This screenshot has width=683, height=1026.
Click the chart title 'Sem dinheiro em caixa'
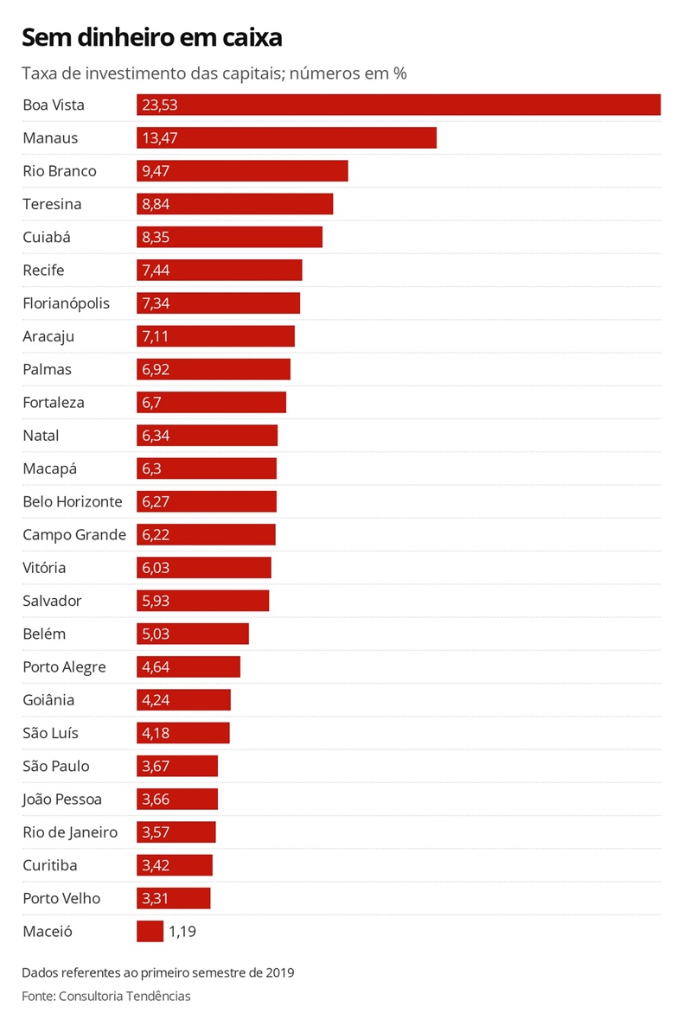[x=151, y=38]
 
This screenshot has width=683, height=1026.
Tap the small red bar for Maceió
[x=150, y=931]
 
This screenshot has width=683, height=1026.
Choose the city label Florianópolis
[x=67, y=303]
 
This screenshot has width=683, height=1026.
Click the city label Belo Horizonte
[x=73, y=502]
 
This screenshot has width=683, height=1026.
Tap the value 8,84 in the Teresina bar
[x=156, y=205]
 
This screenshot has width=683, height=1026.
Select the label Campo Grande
[x=74, y=535]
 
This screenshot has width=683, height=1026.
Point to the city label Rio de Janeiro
[x=70, y=832]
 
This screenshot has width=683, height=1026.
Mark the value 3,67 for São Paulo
[x=156, y=767]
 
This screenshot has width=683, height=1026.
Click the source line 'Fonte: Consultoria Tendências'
[x=106, y=996]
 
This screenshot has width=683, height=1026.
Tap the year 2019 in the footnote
[x=279, y=972]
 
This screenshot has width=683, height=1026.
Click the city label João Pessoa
[x=62, y=800]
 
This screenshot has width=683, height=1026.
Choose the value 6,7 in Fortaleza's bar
[x=151, y=403]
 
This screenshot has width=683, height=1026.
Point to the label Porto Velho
[x=61, y=899]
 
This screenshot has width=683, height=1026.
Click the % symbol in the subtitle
[x=399, y=73]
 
